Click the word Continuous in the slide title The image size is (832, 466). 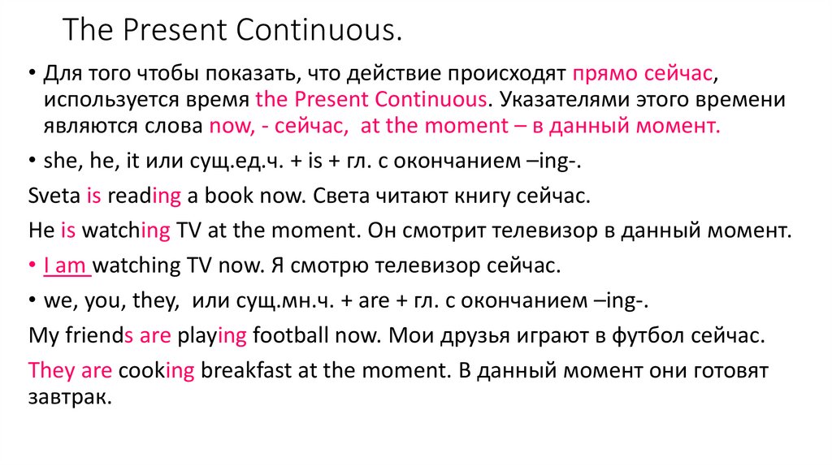click(315, 30)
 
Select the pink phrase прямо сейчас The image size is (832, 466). click(642, 73)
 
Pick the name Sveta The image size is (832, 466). click(54, 196)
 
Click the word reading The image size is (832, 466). click(145, 196)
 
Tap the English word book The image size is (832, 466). click(229, 196)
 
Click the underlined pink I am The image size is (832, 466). click(65, 265)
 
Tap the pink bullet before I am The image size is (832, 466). click(32, 264)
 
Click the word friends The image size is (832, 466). click(99, 335)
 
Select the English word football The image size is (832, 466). click(291, 335)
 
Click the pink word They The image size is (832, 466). click(51, 370)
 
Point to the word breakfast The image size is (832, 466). click(246, 370)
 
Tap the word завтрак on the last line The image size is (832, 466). click(70, 398)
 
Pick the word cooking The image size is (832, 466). click(157, 371)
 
